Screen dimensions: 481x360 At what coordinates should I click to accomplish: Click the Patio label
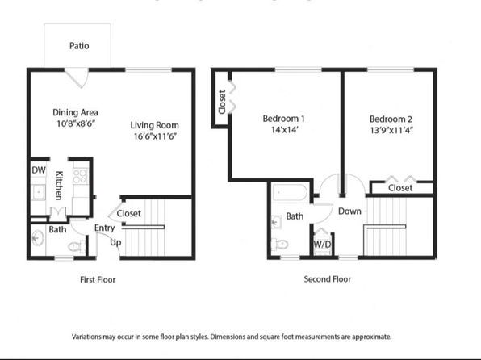coord(79,46)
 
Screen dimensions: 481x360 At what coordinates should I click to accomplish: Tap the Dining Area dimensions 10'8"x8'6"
coord(76,123)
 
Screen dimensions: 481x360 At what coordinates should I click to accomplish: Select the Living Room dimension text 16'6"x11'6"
coord(155,136)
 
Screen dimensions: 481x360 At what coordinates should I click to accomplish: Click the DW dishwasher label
coord(39,170)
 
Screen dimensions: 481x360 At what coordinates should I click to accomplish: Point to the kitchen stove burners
coord(80,176)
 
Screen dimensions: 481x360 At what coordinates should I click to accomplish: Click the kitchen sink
coord(39,192)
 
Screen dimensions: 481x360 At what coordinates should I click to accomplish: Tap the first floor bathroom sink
coord(38,238)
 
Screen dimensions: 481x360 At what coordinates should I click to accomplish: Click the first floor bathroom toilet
coord(76,246)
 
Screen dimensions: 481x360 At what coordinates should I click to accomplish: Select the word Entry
coord(105,228)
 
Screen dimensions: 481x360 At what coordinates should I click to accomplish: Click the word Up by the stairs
coord(115,242)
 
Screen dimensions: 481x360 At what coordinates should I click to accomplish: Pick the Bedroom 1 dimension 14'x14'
coord(285,130)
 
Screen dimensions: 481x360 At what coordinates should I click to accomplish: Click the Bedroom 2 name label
coord(391,119)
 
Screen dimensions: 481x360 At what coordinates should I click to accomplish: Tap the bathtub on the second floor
coord(290,193)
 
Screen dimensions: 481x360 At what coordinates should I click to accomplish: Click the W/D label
coord(322,245)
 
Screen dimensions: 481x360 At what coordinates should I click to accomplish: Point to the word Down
coord(349,211)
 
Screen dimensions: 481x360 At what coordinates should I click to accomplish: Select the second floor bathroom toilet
coord(280,245)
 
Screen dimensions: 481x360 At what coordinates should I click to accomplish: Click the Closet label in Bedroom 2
coord(400,188)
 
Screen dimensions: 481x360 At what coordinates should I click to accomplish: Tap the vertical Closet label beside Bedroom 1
coord(222,102)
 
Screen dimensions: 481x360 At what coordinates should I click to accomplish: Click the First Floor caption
coord(98,279)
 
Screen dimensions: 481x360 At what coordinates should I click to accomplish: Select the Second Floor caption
coord(328,279)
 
